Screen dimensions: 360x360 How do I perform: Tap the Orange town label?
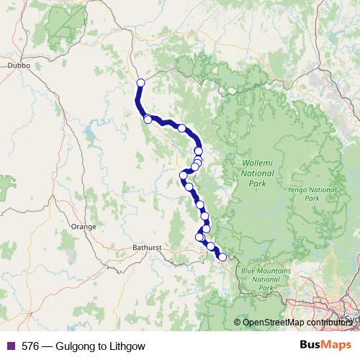coord(84,227)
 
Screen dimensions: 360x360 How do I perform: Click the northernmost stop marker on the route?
coord(140,83)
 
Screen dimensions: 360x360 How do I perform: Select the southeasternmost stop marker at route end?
coord(222,257)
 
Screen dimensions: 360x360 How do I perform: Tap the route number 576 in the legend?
coord(30,346)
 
